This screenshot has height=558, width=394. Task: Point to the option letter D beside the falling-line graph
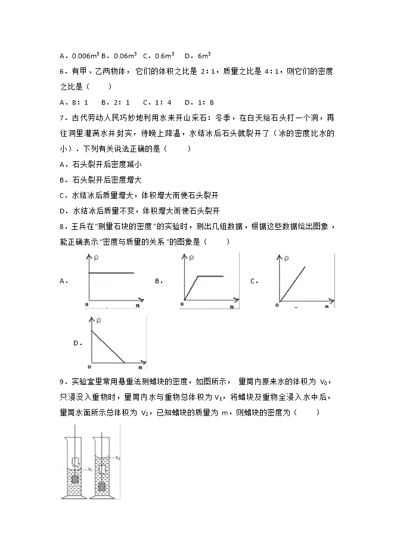tap(76, 343)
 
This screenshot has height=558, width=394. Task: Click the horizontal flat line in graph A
tap(111, 273)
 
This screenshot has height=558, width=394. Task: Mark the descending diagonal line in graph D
tap(107, 346)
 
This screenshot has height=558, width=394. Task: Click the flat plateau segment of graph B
tap(210, 276)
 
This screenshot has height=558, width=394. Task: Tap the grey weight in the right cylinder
tap(103, 487)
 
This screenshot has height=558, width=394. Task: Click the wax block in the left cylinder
tap(75, 463)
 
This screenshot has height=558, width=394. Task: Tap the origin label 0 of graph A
tap(87, 304)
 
